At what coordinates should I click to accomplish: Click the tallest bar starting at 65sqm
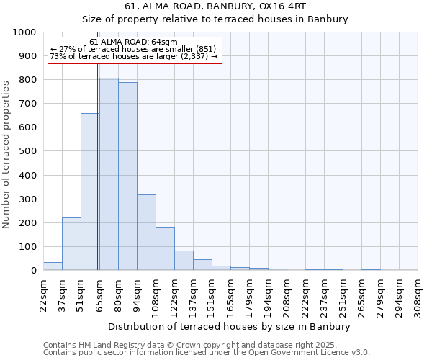(x=109, y=174)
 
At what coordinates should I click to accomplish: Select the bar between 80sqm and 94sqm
(x=127, y=176)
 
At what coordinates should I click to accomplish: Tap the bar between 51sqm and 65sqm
(x=90, y=192)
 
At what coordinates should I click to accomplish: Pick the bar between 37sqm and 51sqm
(x=71, y=244)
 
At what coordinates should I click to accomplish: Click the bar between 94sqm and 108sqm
(x=146, y=233)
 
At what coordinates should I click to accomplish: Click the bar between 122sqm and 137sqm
(x=184, y=261)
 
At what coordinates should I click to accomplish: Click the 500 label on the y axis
(x=27, y=152)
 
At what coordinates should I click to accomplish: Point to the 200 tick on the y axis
(x=27, y=223)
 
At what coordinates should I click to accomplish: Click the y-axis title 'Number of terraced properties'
(x=6, y=154)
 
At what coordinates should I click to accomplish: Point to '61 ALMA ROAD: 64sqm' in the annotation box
(x=133, y=42)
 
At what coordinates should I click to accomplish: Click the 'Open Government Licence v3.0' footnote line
(x=207, y=352)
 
